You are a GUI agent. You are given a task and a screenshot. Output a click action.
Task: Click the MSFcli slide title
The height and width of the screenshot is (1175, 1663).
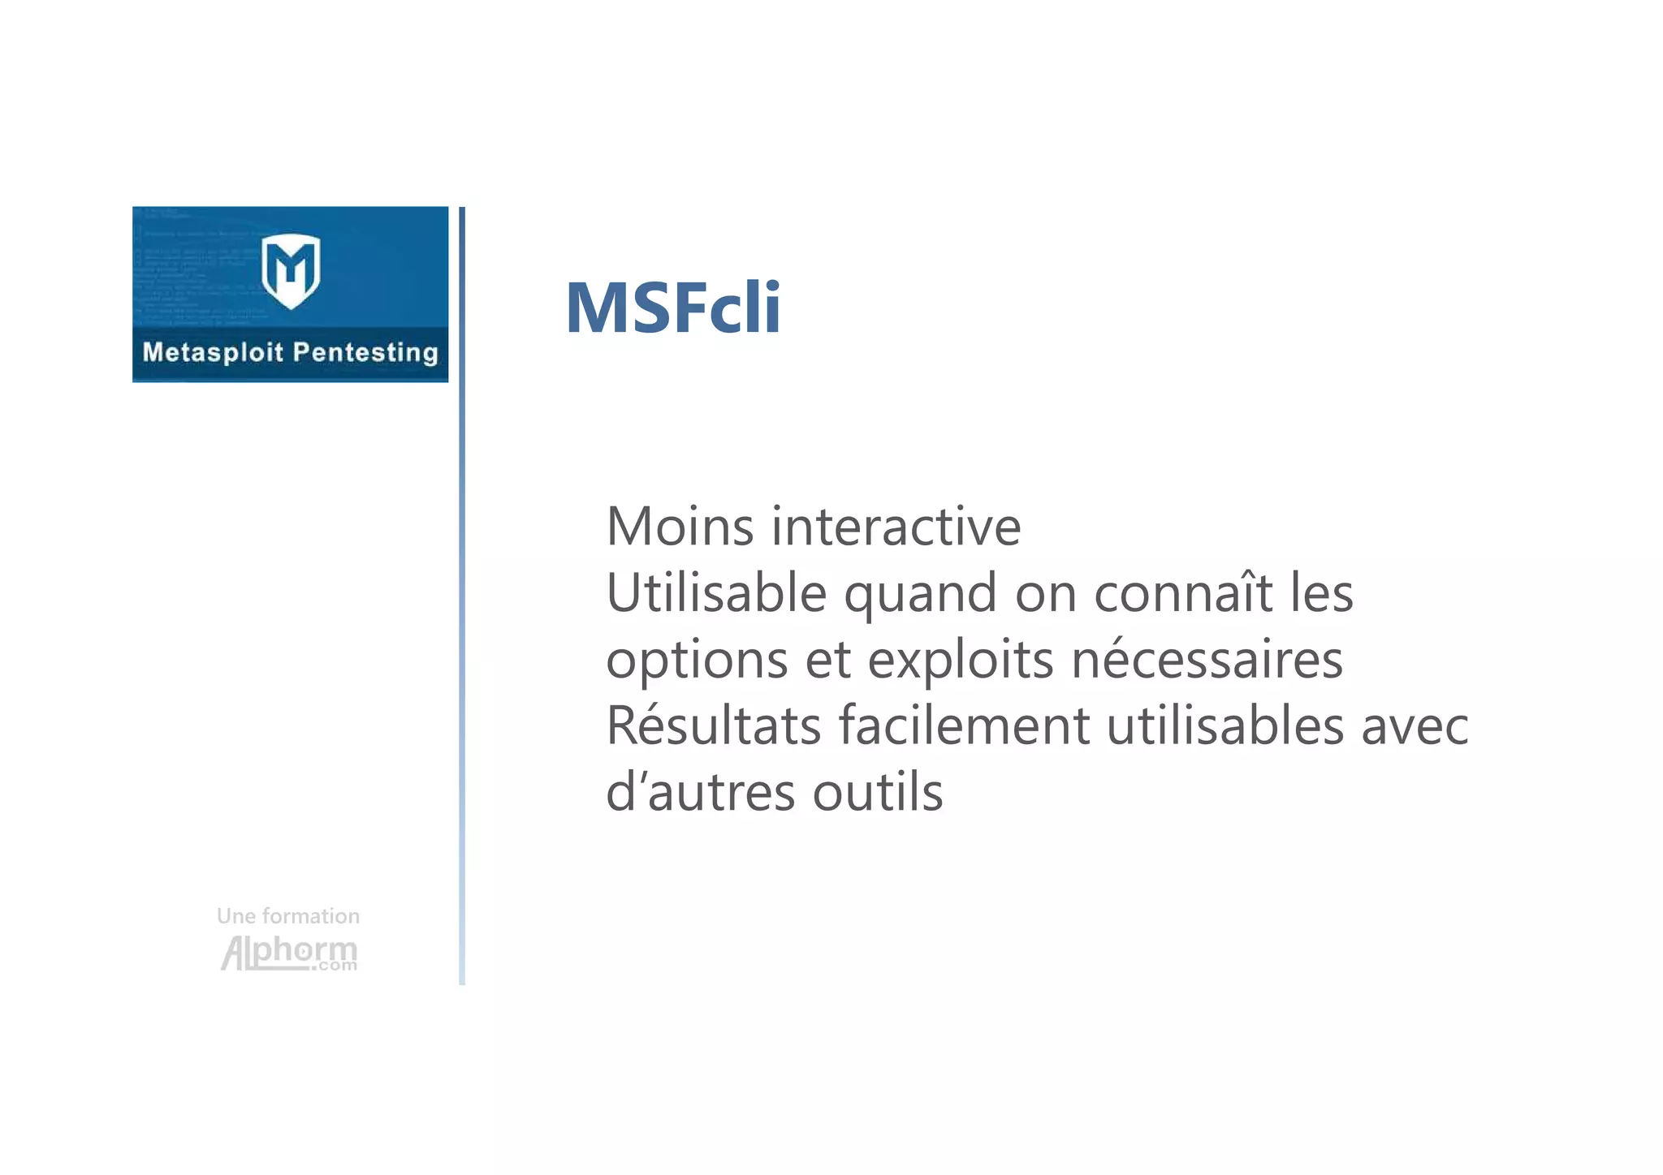click(x=672, y=308)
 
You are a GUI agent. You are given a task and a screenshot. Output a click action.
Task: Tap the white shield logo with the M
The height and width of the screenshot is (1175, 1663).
click(x=291, y=270)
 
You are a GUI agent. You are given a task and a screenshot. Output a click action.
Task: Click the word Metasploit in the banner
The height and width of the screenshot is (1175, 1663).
click(x=213, y=352)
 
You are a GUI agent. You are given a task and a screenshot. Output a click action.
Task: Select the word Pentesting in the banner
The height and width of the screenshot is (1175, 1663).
click(x=365, y=352)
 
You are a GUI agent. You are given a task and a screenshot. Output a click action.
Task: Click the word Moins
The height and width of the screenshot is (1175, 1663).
click(x=680, y=527)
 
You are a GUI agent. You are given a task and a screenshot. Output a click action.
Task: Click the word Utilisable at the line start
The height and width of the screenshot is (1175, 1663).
click(x=716, y=593)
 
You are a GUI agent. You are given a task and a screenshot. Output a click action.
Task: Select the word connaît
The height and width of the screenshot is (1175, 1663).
click(x=1183, y=592)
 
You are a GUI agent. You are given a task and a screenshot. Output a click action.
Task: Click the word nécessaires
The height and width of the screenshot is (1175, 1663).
click(x=1207, y=659)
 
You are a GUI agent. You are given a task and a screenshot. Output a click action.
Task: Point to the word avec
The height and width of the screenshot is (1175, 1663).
click(x=1415, y=726)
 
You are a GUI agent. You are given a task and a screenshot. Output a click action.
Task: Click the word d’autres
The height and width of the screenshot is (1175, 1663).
click(x=701, y=792)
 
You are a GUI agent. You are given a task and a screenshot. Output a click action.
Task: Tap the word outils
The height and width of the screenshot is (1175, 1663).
click(x=878, y=792)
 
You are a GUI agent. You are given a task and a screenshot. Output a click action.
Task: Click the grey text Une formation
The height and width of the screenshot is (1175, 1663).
click(x=287, y=916)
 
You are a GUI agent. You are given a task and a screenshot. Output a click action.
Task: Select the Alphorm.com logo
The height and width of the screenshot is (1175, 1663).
click(x=289, y=953)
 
